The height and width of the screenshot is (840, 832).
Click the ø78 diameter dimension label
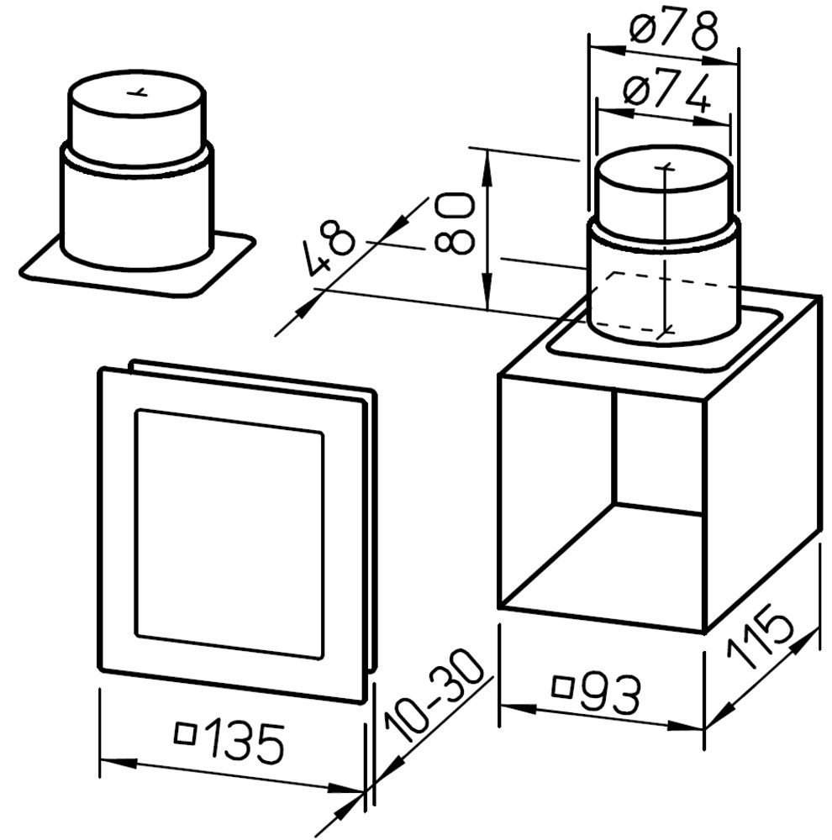point(673,29)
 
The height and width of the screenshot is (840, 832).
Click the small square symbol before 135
point(185,733)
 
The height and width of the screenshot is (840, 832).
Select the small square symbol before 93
point(563,687)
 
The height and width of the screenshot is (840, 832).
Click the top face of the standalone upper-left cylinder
point(136,93)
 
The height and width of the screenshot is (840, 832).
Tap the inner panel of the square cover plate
point(230,534)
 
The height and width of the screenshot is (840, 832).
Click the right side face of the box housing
point(761,466)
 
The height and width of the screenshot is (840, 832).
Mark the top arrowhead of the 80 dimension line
point(487,166)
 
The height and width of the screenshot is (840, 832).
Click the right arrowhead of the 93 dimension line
point(685,727)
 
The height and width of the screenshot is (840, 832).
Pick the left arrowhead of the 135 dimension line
point(118,763)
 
